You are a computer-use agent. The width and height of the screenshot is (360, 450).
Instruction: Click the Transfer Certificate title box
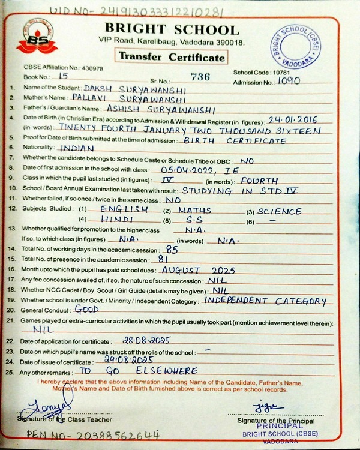tap(173, 58)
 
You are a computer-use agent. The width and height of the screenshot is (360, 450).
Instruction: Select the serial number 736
tap(201, 76)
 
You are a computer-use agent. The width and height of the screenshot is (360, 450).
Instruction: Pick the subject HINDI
tap(118, 220)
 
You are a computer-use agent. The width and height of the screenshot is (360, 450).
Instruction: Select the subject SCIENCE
tap(279, 212)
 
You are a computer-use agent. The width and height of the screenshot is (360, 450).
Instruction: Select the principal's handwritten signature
tap(266, 407)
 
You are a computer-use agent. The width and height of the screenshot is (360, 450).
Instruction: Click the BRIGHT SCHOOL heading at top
tap(172, 29)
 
